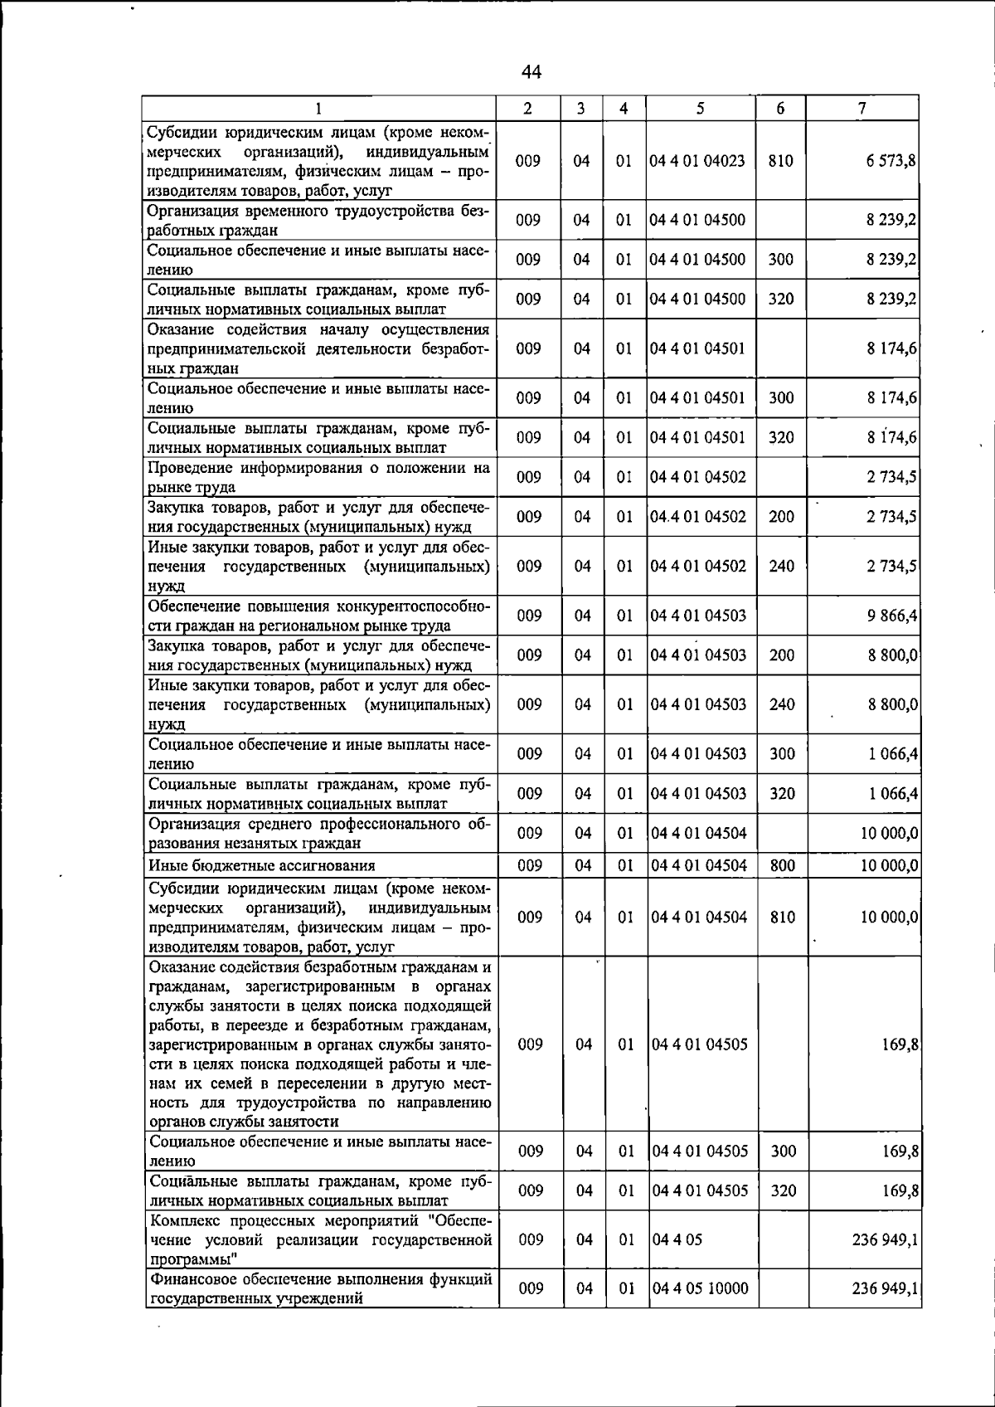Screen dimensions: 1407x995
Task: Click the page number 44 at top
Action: pyautogui.click(x=531, y=73)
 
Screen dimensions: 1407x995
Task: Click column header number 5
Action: pyautogui.click(x=701, y=108)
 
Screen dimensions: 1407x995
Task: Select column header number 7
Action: pyautogui.click(x=862, y=108)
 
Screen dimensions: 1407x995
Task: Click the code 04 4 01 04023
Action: pyautogui.click(x=697, y=161)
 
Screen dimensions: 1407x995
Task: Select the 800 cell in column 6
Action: pyautogui.click(x=782, y=866)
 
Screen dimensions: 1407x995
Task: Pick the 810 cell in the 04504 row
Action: pyautogui.click(x=782, y=918)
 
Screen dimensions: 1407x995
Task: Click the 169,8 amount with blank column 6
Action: pyautogui.click(x=900, y=1044)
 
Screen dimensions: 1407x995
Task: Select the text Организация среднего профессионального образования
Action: pyautogui.click(x=320, y=834)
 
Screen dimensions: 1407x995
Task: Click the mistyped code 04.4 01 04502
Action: pyautogui.click(x=697, y=517)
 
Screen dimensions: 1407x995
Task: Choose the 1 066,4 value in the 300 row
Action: pyautogui.click(x=892, y=754)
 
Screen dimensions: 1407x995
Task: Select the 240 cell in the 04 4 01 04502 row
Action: pyautogui.click(x=781, y=567)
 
